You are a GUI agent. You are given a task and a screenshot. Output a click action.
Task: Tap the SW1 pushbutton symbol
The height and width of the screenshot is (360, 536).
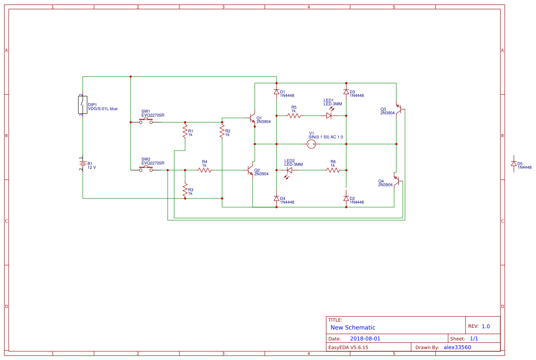pyautogui.click(x=146, y=121)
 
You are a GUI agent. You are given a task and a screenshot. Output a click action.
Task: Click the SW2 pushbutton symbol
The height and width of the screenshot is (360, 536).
pyautogui.click(x=146, y=169)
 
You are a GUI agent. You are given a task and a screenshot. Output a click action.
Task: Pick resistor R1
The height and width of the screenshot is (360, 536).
pyautogui.click(x=185, y=131)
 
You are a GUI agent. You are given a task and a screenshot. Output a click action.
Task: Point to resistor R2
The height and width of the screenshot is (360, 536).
pyautogui.click(x=222, y=131)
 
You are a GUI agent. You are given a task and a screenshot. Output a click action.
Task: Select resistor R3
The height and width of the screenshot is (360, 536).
pyautogui.click(x=185, y=189)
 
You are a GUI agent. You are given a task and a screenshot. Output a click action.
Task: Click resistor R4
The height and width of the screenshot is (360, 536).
pyautogui.click(x=205, y=170)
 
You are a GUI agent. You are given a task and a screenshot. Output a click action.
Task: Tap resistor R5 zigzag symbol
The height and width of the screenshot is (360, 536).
pyautogui.click(x=294, y=116)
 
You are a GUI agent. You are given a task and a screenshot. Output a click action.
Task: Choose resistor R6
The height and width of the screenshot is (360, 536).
pyautogui.click(x=333, y=170)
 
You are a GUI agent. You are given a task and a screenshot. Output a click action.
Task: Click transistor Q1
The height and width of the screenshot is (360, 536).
pyautogui.click(x=252, y=118)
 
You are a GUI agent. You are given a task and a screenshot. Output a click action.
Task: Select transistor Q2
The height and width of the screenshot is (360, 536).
pyautogui.click(x=250, y=170)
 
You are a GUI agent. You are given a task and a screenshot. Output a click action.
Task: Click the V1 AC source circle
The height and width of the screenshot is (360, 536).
pyautogui.click(x=311, y=144)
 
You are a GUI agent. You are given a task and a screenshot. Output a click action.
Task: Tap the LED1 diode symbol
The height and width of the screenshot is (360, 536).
pyautogui.click(x=329, y=116)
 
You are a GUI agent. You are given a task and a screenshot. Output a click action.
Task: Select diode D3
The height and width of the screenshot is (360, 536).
pyautogui.click(x=346, y=92)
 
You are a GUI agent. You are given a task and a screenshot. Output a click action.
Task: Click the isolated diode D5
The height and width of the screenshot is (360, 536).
pyautogui.click(x=514, y=164)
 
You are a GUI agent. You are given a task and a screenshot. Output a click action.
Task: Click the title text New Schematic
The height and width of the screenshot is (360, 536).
pyautogui.click(x=353, y=327)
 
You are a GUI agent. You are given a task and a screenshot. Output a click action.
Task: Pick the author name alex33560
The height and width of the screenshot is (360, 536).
pyautogui.click(x=457, y=347)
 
